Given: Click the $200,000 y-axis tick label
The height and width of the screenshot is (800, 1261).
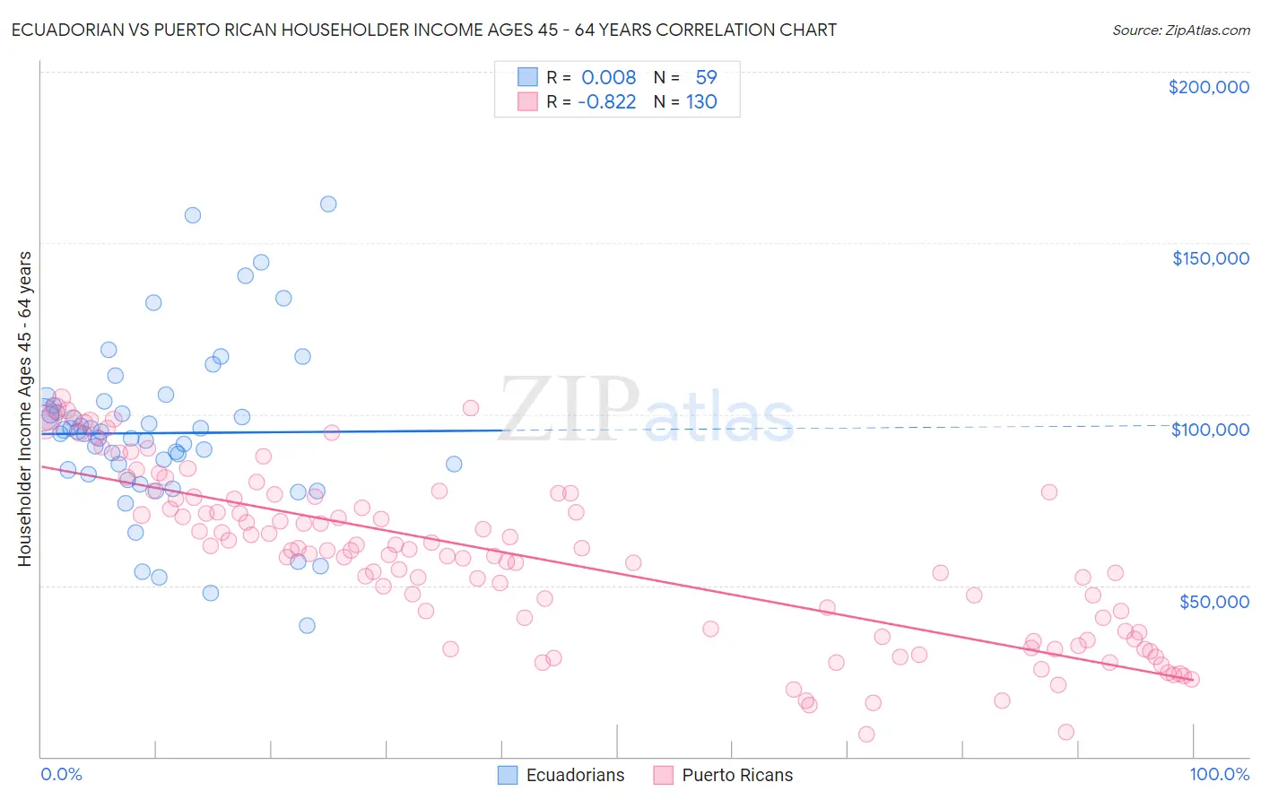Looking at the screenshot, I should [x=1208, y=87].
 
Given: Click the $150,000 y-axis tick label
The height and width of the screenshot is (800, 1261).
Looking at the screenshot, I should [x=1210, y=258].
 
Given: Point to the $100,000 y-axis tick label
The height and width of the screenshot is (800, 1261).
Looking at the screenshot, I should [x=1210, y=430].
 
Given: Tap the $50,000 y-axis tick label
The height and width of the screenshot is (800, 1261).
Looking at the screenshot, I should [x=1213, y=601].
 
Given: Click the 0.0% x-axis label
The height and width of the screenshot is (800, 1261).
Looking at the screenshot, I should [x=61, y=774].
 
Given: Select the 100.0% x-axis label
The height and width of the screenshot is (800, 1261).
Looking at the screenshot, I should [x=1219, y=774].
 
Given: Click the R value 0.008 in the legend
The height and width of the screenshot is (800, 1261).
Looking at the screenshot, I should [x=608, y=78].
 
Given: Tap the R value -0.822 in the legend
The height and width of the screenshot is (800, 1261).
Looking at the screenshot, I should [x=606, y=102].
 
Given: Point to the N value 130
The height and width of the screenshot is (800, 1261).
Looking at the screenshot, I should [x=701, y=102].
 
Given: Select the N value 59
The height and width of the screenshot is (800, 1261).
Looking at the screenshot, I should [x=706, y=78].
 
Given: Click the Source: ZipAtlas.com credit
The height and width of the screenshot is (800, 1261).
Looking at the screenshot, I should [x=1180, y=30].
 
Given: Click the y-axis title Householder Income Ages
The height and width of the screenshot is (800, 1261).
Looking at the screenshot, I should [x=24, y=408].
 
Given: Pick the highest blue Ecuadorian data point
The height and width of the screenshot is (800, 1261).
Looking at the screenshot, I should [x=328, y=204].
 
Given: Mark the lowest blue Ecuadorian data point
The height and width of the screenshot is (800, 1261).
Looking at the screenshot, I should [x=307, y=625].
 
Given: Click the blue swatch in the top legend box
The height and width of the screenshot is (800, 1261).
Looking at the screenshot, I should [x=527, y=78].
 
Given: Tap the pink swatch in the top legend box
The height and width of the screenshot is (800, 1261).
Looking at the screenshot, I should [x=527, y=102].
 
